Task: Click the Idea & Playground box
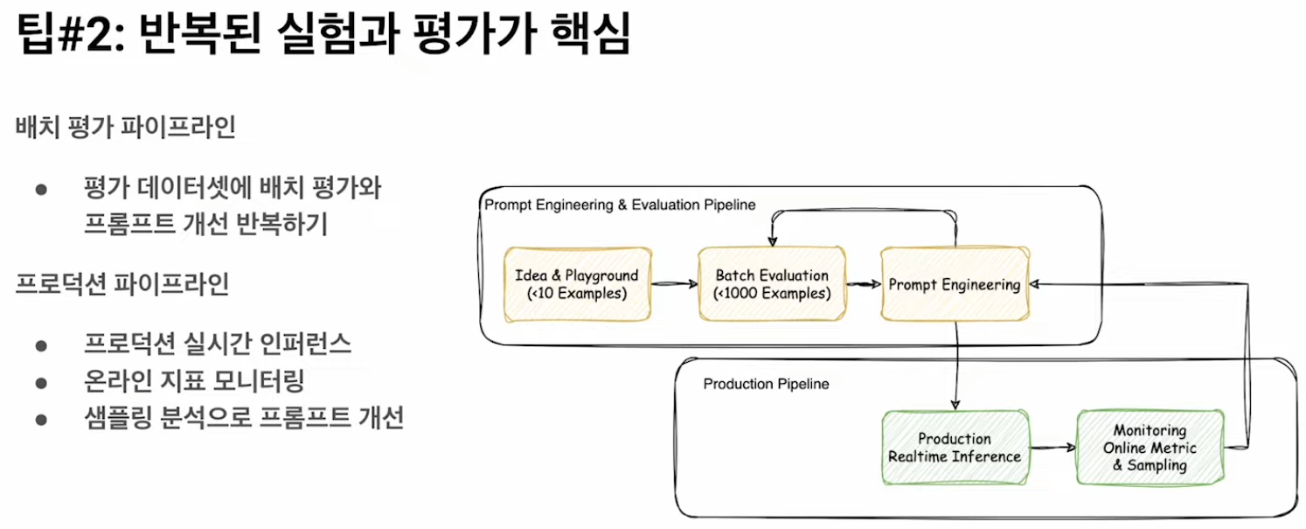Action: tap(577, 284)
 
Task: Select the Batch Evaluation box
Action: tap(772, 284)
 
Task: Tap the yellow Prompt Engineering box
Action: tap(955, 284)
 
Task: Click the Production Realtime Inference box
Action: tap(955, 448)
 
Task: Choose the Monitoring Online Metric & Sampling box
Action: tap(1150, 448)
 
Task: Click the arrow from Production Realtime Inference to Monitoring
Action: tap(1052, 448)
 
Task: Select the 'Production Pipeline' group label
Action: tap(766, 384)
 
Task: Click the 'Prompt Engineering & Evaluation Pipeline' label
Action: tap(620, 205)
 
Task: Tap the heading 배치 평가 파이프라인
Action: tap(125, 128)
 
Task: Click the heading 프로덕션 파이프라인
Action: tap(122, 284)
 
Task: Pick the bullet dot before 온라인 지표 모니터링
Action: tap(40, 382)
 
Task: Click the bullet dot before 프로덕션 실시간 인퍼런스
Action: tap(40, 345)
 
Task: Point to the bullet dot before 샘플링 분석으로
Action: tap(40, 420)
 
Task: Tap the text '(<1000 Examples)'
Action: tap(772, 294)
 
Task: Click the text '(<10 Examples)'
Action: tap(577, 294)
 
